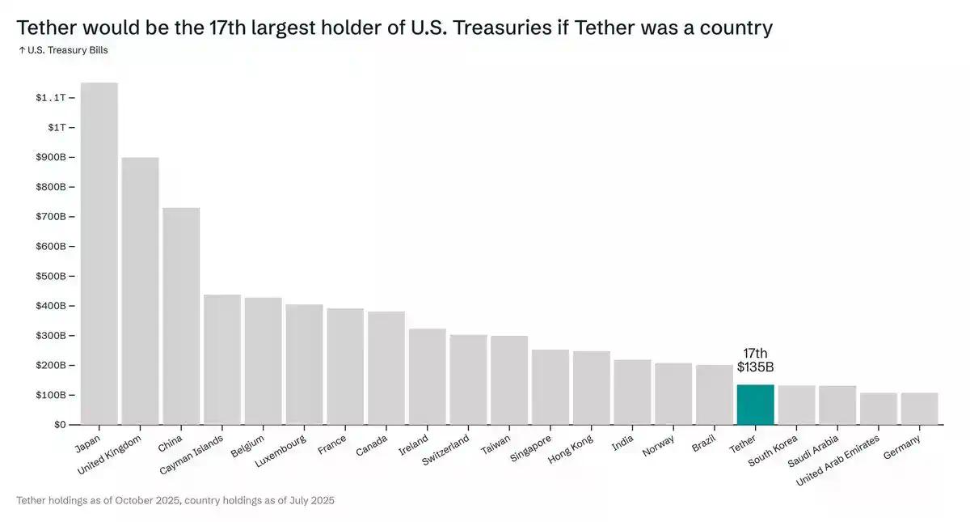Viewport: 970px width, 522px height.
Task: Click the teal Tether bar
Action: tap(755, 405)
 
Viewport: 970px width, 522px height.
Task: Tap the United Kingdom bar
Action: tap(140, 291)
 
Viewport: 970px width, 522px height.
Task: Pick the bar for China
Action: tap(181, 316)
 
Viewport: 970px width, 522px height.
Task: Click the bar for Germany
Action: tap(919, 409)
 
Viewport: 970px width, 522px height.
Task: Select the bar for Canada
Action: tap(386, 367)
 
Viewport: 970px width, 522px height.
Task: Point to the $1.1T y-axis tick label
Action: tap(51, 98)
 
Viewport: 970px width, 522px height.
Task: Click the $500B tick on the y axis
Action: tap(51, 276)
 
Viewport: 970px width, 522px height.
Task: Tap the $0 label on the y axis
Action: tap(60, 425)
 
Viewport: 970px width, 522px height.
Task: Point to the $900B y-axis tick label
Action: tap(51, 157)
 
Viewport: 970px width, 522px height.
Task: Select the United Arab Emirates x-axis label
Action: tap(838, 460)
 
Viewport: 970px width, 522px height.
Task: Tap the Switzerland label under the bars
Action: tap(445, 452)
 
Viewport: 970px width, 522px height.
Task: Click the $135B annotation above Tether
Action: tap(755, 367)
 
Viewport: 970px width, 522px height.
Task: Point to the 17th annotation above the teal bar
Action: tap(755, 354)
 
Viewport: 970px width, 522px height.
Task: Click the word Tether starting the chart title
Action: tap(44, 28)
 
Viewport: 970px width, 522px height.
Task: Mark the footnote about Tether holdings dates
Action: tap(175, 501)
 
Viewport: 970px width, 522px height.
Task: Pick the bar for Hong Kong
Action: tap(591, 388)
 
